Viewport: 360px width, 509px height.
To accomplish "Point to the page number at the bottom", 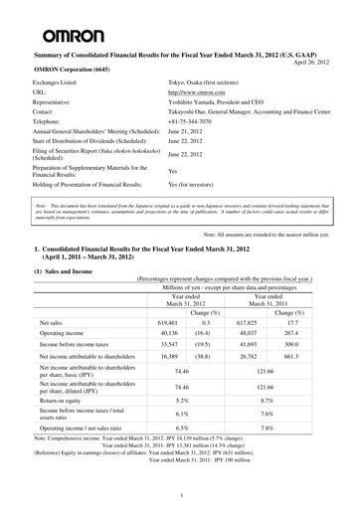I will [180, 494].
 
